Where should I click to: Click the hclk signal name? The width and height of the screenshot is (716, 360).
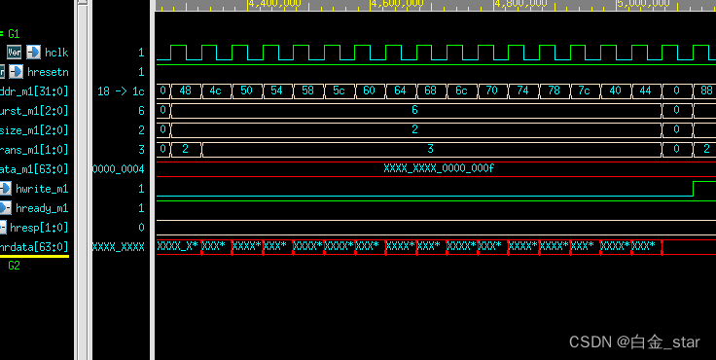click(56, 52)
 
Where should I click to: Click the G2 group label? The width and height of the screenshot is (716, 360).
click(15, 264)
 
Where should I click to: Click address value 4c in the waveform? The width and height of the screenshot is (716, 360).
click(216, 90)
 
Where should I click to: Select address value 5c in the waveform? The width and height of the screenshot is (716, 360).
click(340, 90)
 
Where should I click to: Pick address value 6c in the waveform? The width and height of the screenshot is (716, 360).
click(461, 90)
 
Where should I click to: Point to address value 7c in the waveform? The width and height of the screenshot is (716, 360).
click(584, 90)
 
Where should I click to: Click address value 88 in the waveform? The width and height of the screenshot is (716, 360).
click(705, 90)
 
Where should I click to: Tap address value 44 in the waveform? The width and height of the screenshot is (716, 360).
click(644, 90)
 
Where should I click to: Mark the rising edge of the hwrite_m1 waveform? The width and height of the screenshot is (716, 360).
click(693, 187)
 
